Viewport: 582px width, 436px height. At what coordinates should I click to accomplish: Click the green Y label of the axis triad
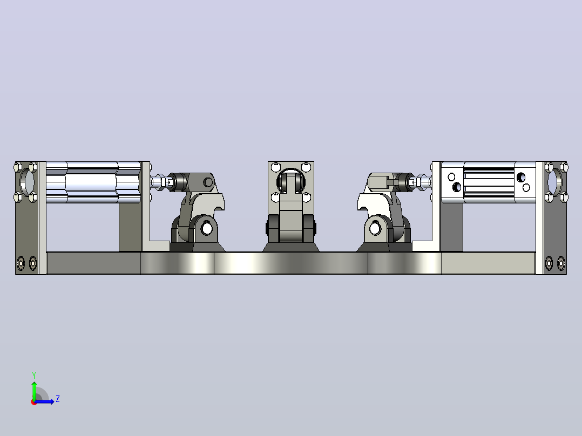(34, 376)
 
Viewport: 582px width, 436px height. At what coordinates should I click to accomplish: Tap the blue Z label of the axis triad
(58, 399)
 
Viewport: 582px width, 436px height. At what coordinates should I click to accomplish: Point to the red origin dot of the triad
(34, 402)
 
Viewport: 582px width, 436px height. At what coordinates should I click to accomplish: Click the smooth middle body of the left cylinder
(91, 182)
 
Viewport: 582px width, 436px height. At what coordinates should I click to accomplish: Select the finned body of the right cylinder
(489, 182)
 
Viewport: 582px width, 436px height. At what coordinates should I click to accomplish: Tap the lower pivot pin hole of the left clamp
(207, 228)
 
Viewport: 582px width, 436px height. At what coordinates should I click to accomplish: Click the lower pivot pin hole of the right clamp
(375, 228)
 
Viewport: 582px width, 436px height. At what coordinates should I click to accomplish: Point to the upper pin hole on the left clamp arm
(208, 182)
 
